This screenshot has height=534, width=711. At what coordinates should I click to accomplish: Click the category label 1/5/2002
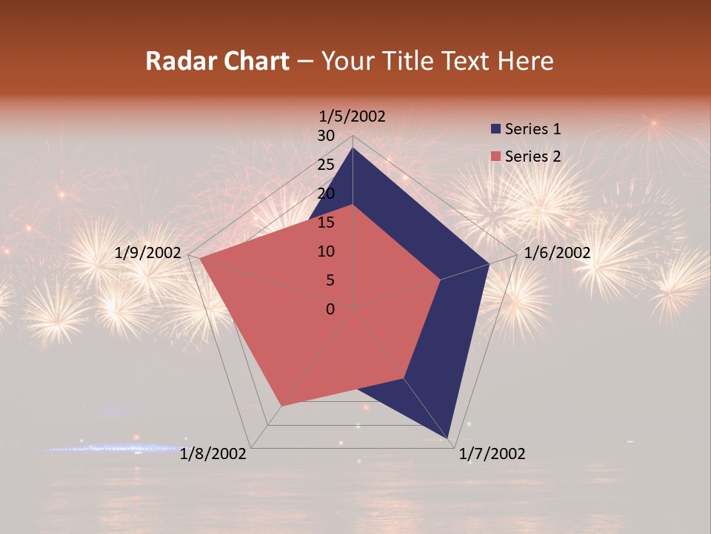tap(352, 116)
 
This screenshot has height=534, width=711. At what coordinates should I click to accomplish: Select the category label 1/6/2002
tap(557, 253)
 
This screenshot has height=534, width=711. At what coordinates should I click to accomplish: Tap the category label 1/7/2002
tap(492, 453)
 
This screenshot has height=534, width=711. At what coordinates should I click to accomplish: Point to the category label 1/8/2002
tap(213, 453)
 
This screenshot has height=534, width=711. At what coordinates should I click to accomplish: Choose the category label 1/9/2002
tap(148, 253)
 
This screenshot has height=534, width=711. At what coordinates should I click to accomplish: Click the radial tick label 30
tap(326, 136)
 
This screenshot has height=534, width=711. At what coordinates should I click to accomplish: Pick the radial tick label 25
tap(326, 165)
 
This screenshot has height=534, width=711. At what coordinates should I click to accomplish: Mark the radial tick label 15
tap(326, 222)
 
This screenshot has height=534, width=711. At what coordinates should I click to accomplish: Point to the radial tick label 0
tap(330, 309)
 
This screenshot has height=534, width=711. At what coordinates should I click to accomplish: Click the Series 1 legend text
tap(533, 129)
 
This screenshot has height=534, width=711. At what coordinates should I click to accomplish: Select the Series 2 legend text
tap(533, 156)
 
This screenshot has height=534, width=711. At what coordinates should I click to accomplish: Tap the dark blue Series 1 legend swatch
tap(495, 129)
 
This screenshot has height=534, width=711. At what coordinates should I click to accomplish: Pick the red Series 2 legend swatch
tap(495, 156)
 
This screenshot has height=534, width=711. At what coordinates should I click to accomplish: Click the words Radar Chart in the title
tap(217, 61)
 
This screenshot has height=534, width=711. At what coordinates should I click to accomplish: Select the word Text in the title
tap(468, 61)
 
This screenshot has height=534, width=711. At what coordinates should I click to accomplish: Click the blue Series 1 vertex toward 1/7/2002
tap(448, 438)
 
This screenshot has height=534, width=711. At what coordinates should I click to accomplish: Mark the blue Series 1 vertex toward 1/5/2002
tap(353, 148)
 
